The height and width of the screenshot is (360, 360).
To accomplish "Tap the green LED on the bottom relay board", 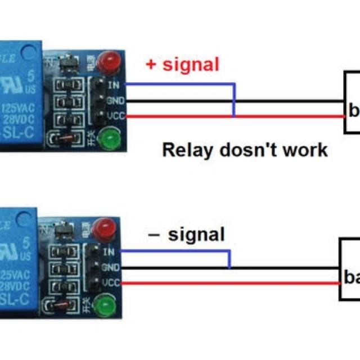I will coord(102,307).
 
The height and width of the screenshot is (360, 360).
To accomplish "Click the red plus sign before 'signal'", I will coord(151,64).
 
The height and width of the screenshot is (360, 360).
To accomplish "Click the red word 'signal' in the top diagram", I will coord(190,65).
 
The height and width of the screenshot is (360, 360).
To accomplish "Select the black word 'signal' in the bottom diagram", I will coord(196,234).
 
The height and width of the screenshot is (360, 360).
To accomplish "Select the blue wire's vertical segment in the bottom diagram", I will coord(229,259).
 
